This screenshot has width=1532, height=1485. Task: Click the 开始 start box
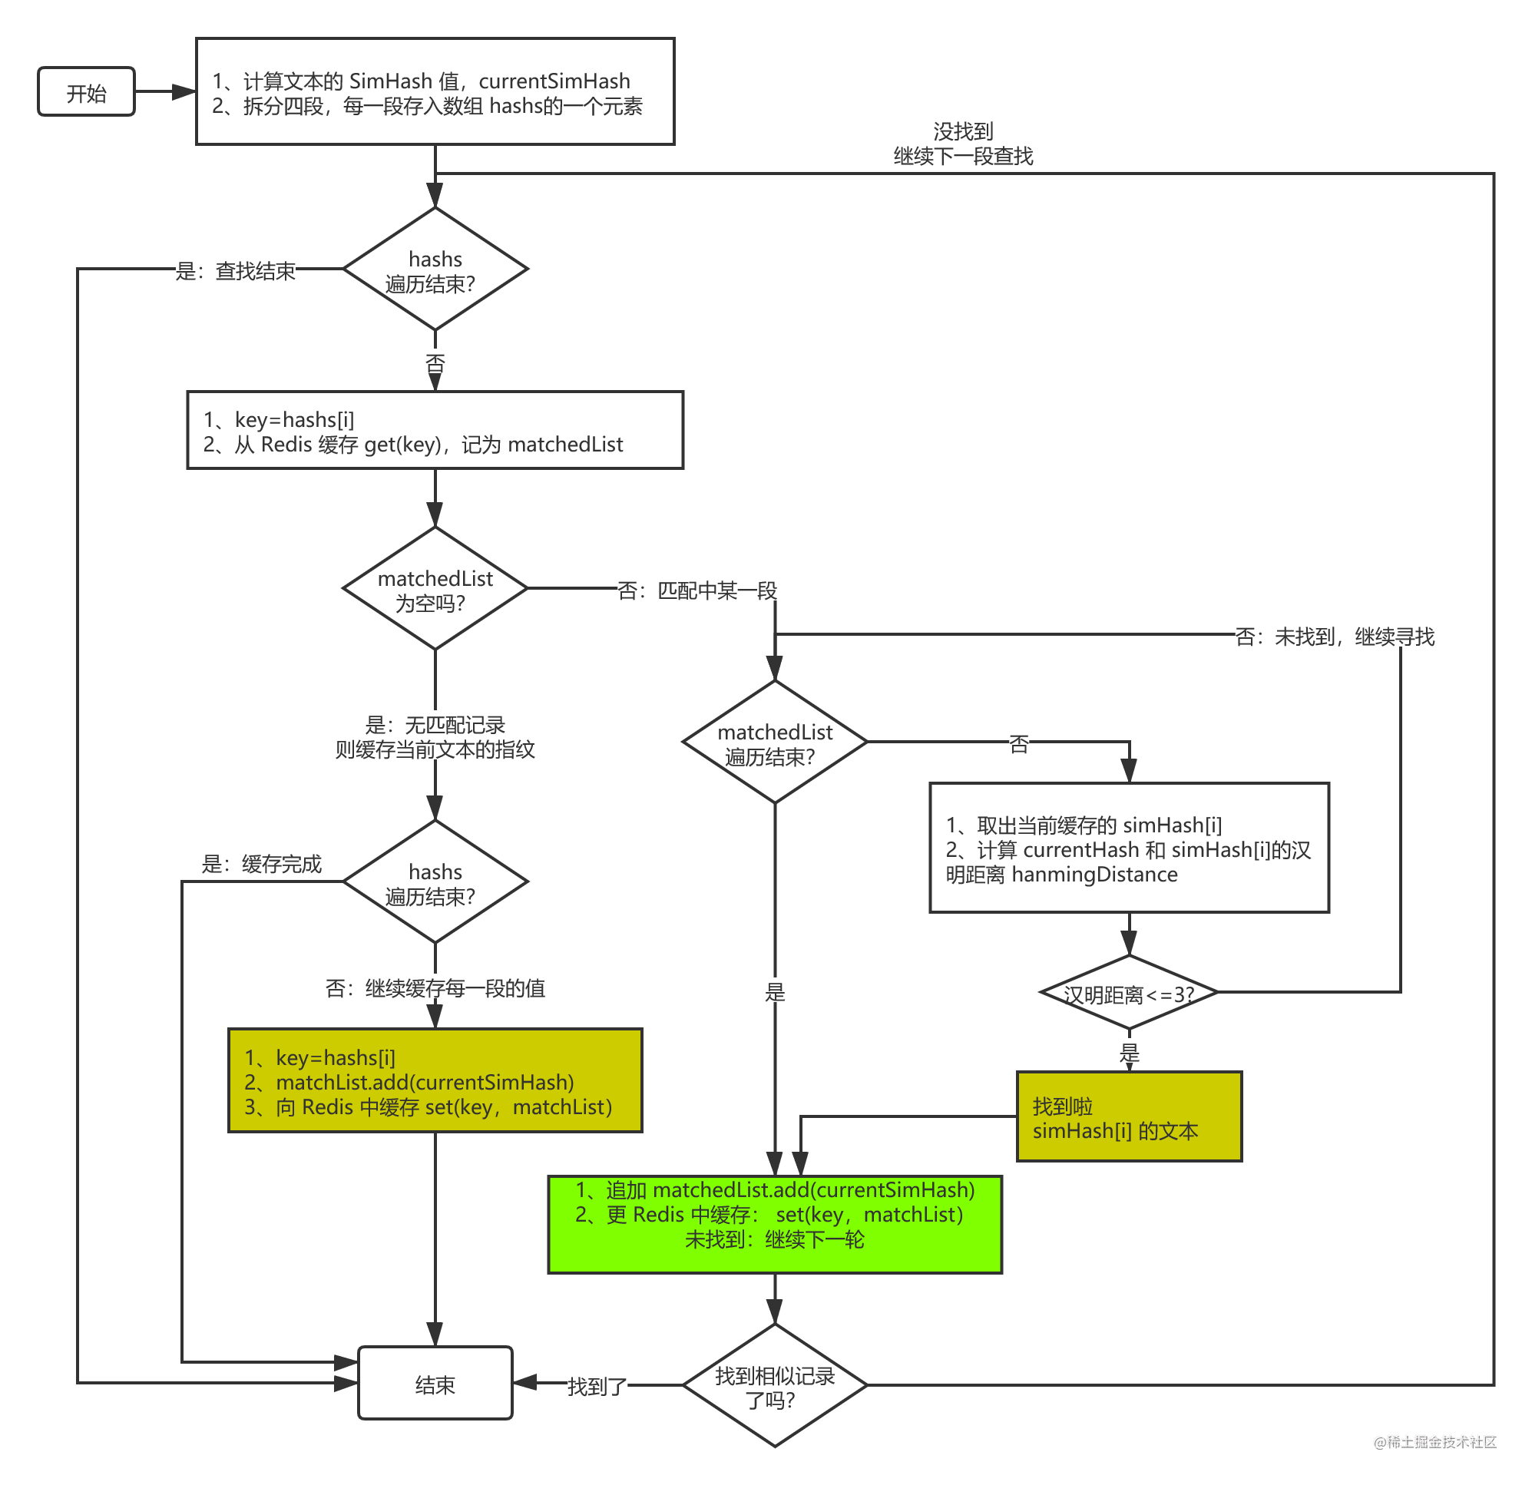[x=86, y=92]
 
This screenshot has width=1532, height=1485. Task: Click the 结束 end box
[x=435, y=1384]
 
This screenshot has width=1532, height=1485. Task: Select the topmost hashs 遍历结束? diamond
[x=435, y=269]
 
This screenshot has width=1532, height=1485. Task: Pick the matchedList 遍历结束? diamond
[x=775, y=742]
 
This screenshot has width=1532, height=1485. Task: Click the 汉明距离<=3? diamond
[x=1129, y=993]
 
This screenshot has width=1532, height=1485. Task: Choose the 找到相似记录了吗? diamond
[x=775, y=1386]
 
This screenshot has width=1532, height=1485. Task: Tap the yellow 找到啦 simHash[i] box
[x=1129, y=1117]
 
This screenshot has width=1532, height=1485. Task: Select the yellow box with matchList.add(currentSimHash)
[x=435, y=1081]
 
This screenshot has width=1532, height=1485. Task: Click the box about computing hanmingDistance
[x=1129, y=848]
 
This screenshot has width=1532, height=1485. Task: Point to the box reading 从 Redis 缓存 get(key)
[x=435, y=431]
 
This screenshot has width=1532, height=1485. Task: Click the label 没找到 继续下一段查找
[x=963, y=142]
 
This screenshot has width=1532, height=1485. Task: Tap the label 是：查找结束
[x=235, y=270]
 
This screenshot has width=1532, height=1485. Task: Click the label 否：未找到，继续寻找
[x=1334, y=636]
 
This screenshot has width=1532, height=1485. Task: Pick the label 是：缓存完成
[x=262, y=863]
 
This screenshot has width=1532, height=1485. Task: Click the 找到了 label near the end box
[x=597, y=1386]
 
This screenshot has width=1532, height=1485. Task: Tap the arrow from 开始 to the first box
[x=165, y=92]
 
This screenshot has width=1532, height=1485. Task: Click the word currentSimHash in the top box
[x=554, y=81]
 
